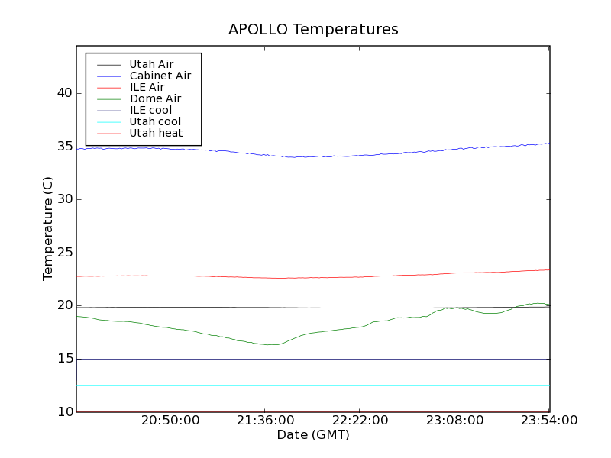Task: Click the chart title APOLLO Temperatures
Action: click(313, 30)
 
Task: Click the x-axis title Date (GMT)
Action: click(313, 435)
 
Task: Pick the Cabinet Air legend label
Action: click(160, 76)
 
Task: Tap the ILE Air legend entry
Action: click(147, 88)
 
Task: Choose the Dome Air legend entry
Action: click(155, 98)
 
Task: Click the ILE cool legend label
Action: click(150, 110)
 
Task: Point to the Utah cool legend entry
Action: click(155, 121)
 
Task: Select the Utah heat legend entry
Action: click(156, 133)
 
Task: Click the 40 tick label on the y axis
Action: click(63, 93)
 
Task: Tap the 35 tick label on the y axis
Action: click(63, 147)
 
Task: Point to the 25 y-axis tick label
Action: click(63, 253)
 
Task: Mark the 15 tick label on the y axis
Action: click(63, 359)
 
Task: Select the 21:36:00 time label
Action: click(266, 421)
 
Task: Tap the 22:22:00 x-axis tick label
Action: click(360, 421)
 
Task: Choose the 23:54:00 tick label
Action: click(548, 421)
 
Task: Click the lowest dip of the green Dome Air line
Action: click(272, 344)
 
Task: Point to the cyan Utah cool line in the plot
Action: click(305, 385)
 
